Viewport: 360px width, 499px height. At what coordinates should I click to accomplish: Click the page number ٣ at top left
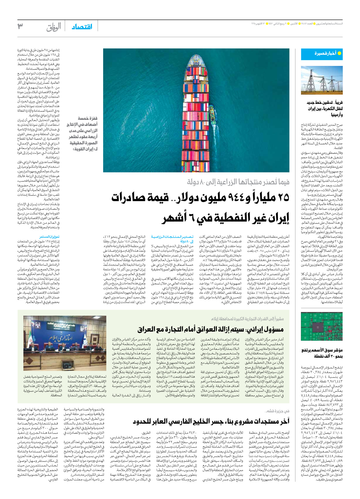tap(20, 26)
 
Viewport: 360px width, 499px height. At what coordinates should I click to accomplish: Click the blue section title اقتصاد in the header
tap(82, 27)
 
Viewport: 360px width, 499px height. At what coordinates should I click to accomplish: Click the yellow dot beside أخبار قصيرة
tap(339, 54)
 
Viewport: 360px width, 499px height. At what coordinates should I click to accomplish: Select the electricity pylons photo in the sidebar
tap(322, 80)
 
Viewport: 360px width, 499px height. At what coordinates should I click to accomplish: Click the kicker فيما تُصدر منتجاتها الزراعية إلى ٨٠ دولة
tap(238, 182)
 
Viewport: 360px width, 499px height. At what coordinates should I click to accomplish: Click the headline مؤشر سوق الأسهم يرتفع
tap(322, 353)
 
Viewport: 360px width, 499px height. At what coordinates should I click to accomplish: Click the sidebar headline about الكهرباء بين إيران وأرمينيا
tap(324, 108)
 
